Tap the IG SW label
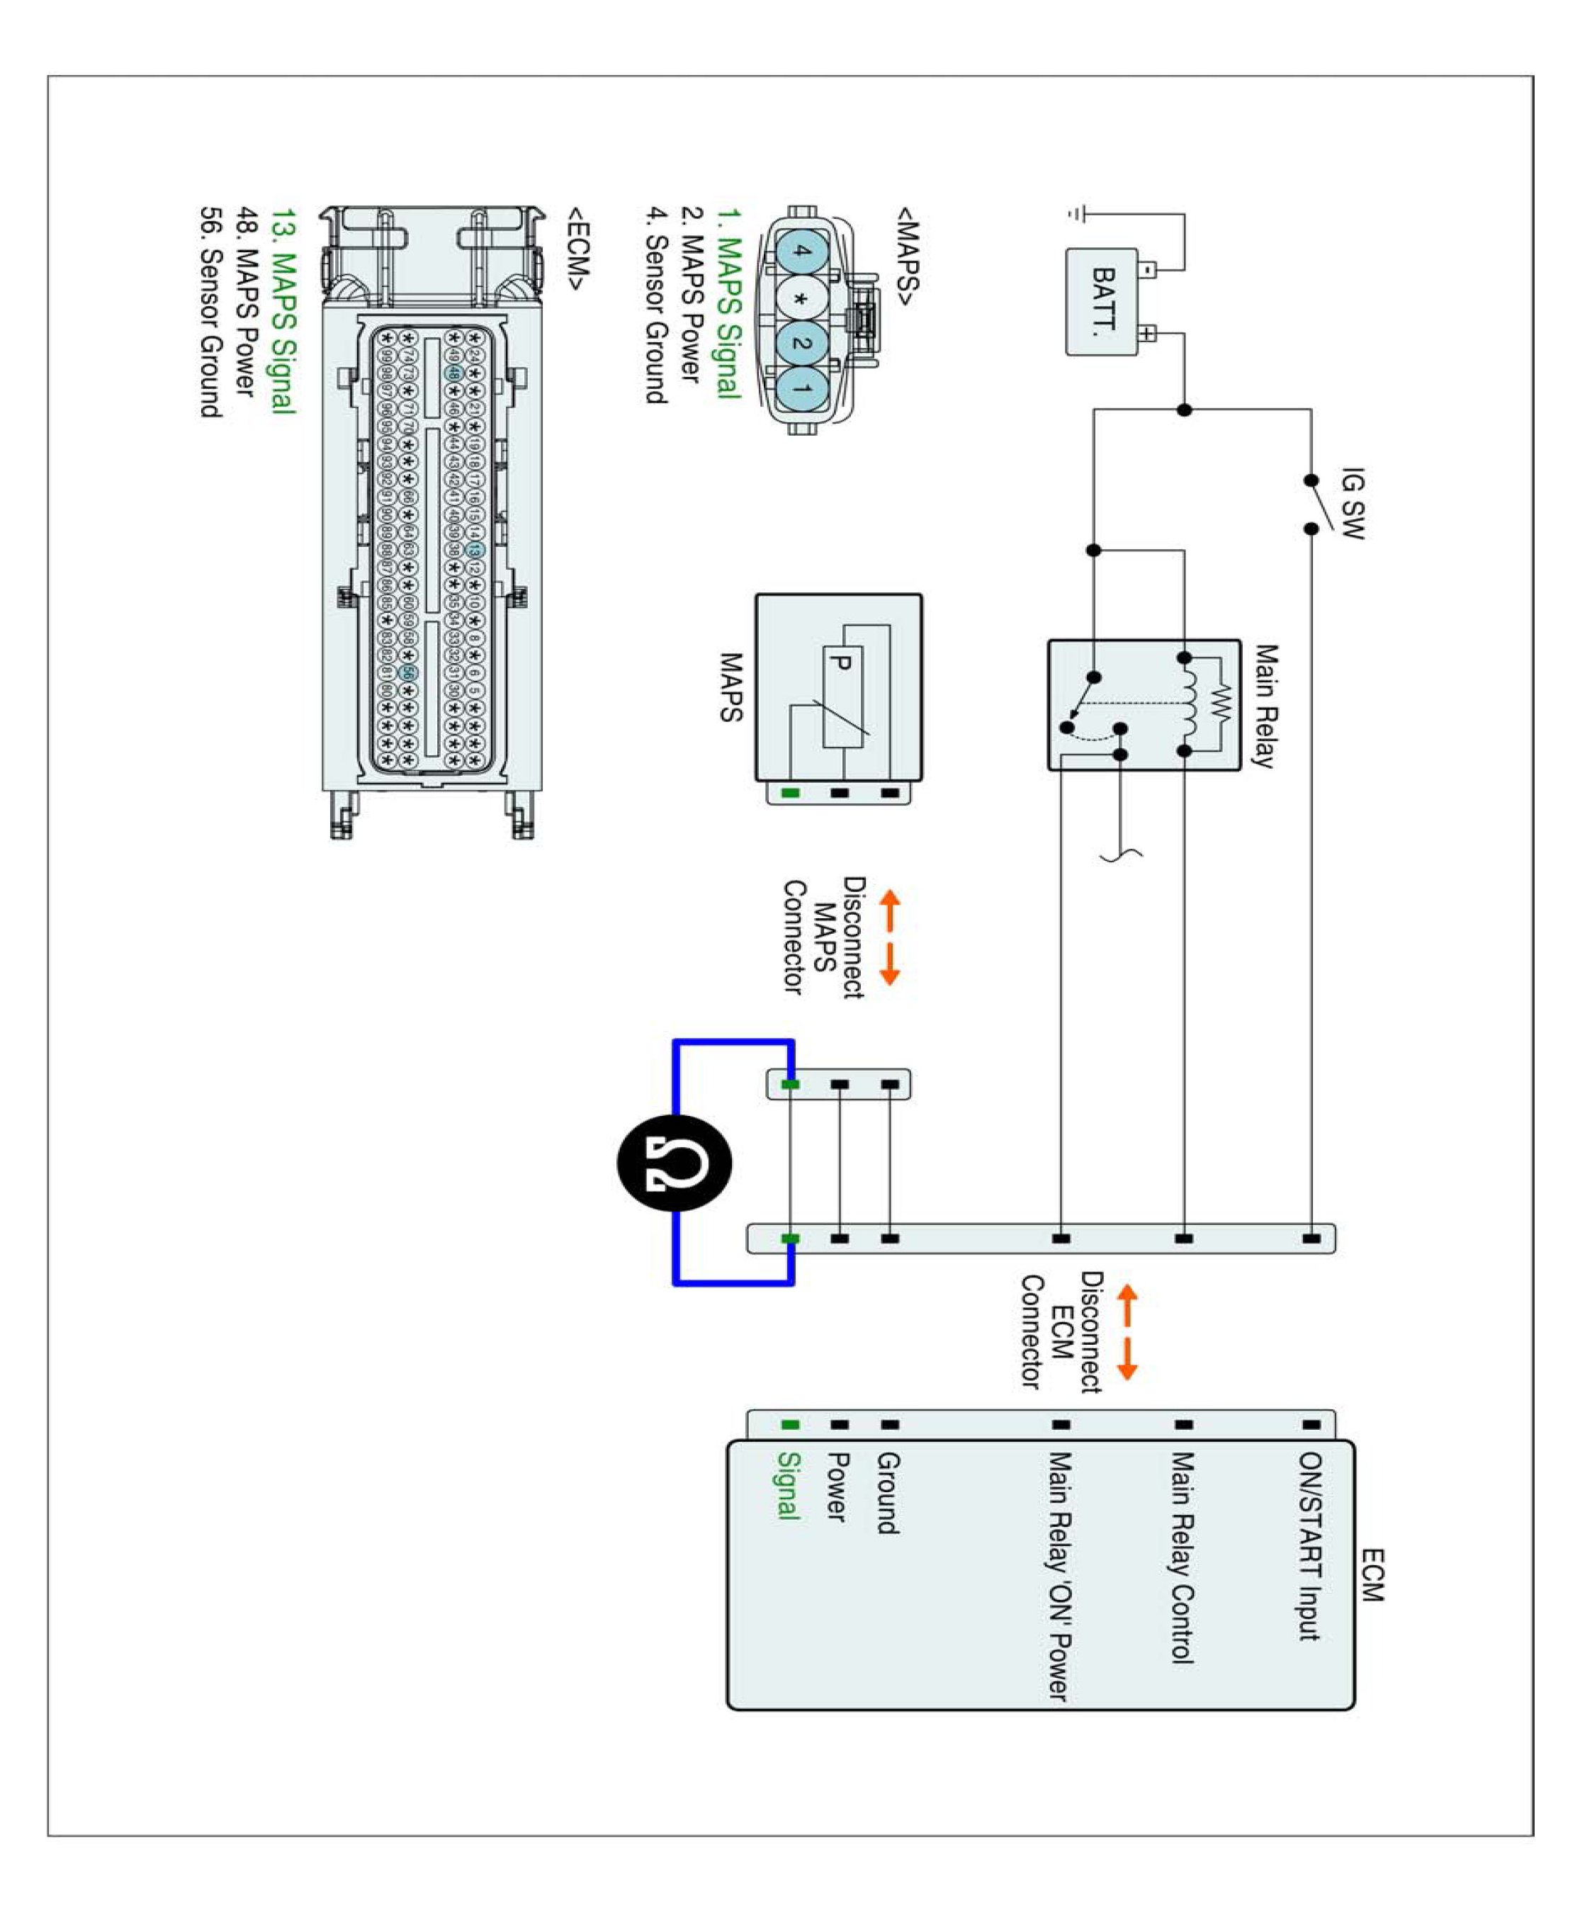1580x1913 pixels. coord(1353,503)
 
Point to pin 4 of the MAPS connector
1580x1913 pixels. coord(801,252)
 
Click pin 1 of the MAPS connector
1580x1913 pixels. coord(801,388)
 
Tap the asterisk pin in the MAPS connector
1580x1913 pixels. coord(801,298)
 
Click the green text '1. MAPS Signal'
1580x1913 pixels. coord(728,303)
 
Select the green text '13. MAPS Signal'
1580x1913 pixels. coord(284,311)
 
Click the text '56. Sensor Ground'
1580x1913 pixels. coord(211,312)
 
